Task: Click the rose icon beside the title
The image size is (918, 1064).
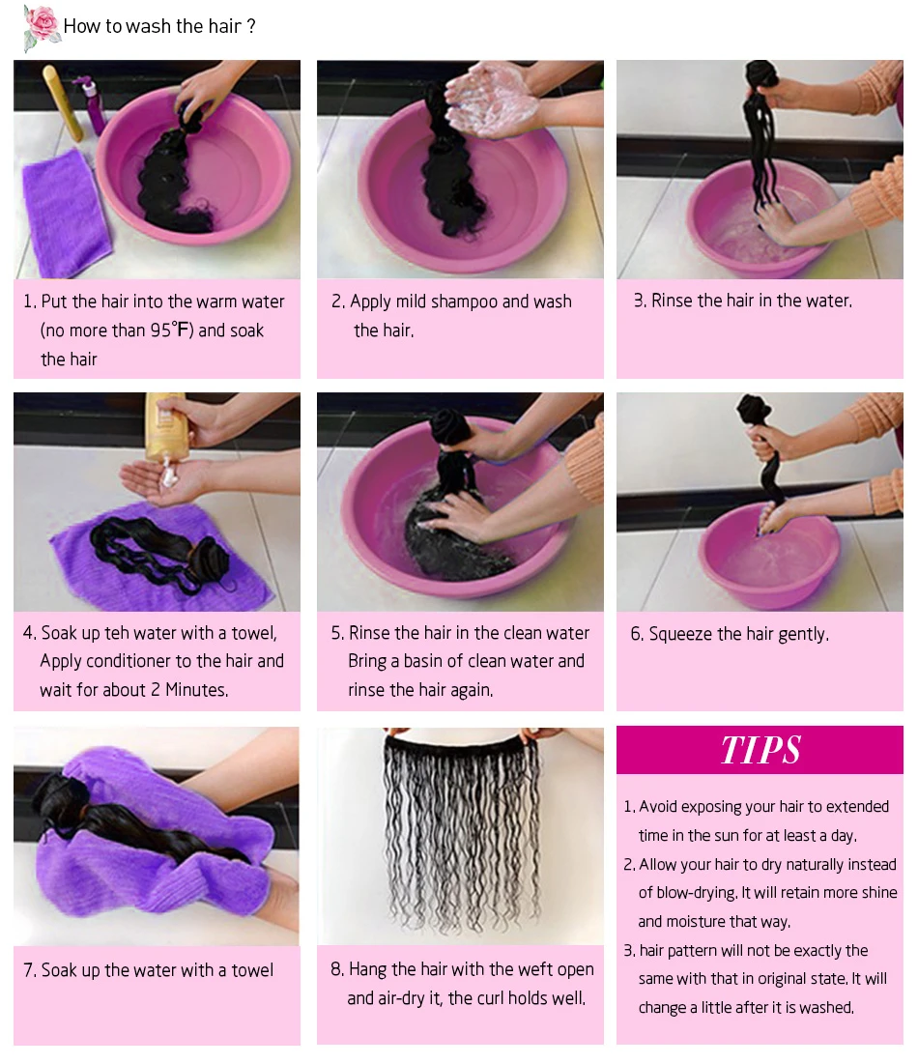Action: point(42,27)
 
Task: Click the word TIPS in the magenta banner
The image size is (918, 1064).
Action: point(760,750)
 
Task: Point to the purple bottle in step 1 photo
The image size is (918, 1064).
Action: point(94,106)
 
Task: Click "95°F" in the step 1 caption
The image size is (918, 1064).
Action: point(172,331)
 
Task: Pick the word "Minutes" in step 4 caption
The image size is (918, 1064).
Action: point(196,690)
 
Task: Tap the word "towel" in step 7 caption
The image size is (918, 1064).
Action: point(252,970)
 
